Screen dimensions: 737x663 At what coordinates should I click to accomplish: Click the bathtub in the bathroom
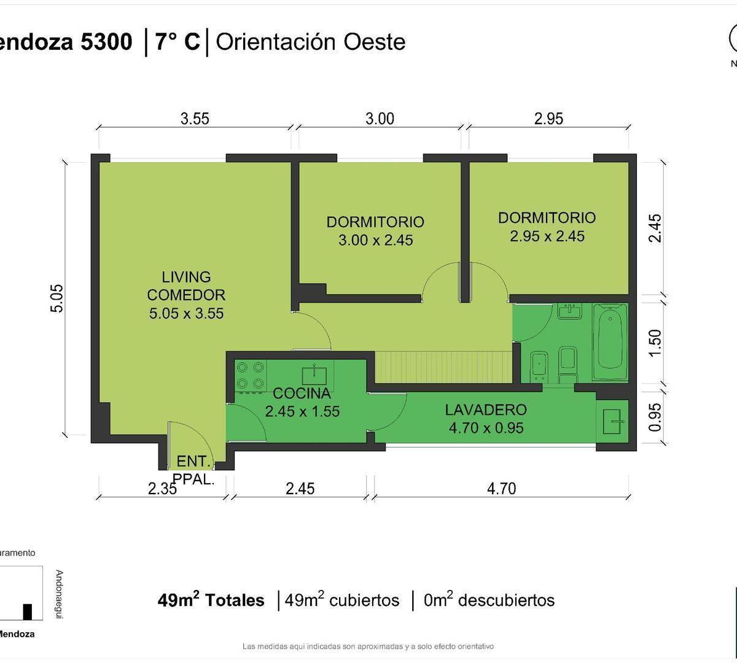(610, 341)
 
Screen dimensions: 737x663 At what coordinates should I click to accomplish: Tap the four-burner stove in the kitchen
(251, 376)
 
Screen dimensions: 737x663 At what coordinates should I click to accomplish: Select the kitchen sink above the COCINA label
(314, 375)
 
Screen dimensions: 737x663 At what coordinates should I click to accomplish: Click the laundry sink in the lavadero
(613, 422)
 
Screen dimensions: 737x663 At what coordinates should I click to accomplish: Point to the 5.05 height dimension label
(57, 298)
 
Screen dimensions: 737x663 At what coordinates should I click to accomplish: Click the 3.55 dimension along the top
(195, 118)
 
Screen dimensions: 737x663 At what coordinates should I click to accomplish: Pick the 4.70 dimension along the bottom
(502, 489)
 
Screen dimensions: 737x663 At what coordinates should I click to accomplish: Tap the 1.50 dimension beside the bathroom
(655, 343)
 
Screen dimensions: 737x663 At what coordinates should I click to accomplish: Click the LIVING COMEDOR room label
(186, 295)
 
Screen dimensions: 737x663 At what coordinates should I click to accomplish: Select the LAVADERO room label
(486, 410)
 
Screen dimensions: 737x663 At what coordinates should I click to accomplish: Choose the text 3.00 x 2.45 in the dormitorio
(375, 240)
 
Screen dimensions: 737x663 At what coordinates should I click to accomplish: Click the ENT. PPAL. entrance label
(194, 470)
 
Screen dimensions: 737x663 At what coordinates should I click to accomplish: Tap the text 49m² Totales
(211, 600)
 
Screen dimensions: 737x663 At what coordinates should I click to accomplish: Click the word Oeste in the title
(375, 42)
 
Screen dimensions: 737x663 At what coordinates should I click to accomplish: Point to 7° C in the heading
(177, 42)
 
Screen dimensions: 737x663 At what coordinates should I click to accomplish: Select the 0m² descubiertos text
(489, 600)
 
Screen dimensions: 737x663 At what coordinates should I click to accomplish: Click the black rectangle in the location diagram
(27, 612)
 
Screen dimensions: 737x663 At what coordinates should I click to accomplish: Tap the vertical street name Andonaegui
(59, 594)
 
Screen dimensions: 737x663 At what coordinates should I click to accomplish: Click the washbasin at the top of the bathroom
(569, 311)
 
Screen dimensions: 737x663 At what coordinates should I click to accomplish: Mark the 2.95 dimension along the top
(548, 118)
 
